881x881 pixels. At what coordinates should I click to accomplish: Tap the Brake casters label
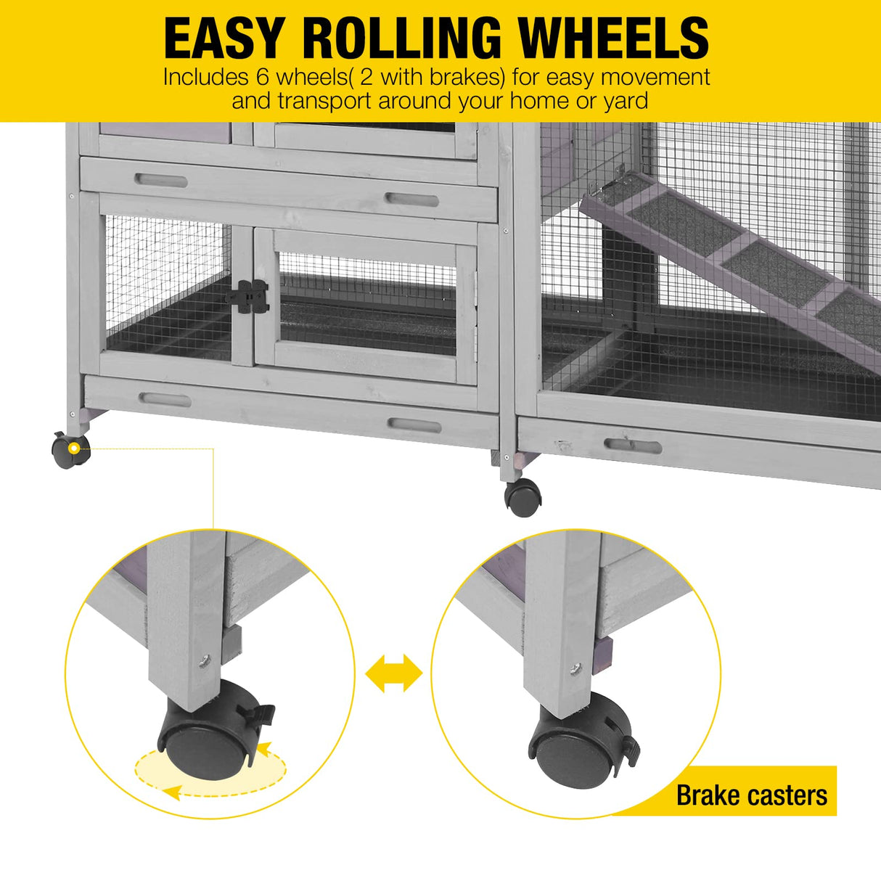tap(751, 795)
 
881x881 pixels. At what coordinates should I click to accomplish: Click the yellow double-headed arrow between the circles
tap(393, 673)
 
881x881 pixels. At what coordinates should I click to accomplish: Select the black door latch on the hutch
tap(250, 297)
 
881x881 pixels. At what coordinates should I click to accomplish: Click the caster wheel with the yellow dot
tap(70, 451)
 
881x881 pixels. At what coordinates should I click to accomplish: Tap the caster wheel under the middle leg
tap(523, 497)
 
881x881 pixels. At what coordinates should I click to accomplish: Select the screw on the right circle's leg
tap(575, 668)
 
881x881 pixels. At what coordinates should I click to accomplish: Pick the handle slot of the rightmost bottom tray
tap(633, 446)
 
